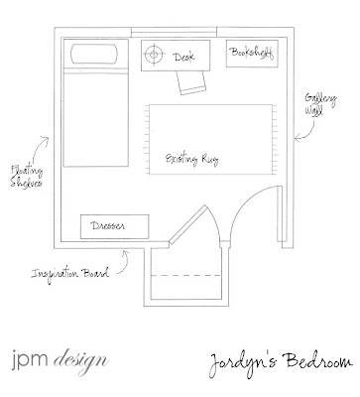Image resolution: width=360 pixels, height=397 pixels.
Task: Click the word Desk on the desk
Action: pyautogui.click(x=184, y=57)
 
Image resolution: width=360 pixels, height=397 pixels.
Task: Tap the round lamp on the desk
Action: pyautogui.click(x=154, y=54)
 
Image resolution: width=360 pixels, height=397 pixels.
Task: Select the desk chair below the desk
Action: pyautogui.click(x=190, y=82)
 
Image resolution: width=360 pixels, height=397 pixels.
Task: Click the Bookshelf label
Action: pyautogui.click(x=252, y=53)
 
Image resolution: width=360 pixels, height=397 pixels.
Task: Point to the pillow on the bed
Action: pyautogui.click(x=94, y=54)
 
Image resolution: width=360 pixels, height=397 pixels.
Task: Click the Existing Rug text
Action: pyautogui.click(x=191, y=160)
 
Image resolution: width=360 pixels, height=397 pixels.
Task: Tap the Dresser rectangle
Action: pyautogui.click(x=115, y=226)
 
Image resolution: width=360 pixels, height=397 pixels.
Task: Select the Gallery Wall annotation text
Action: pyautogui.click(x=320, y=104)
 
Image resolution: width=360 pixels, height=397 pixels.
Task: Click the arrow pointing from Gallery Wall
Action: pyautogui.click(x=308, y=132)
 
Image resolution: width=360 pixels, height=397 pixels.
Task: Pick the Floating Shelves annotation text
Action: pyautogui.click(x=27, y=177)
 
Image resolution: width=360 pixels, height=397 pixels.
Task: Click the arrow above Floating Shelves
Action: pyautogui.click(x=39, y=150)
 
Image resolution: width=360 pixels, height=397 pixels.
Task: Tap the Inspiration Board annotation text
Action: pyautogui.click(x=69, y=274)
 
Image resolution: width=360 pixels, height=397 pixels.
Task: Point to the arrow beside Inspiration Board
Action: pyautogui.click(x=125, y=263)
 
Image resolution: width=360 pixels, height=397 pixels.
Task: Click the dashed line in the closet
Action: pyautogui.click(x=185, y=275)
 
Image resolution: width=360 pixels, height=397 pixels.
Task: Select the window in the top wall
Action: pyautogui.click(x=174, y=33)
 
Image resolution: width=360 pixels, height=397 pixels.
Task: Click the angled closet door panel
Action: pyautogui.click(x=187, y=225)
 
